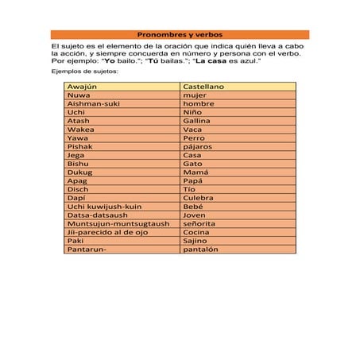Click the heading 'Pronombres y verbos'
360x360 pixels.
coord(180,35)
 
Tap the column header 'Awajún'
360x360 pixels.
coord(82,86)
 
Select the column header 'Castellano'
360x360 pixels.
coord(203,86)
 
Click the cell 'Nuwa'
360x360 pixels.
coord(79,95)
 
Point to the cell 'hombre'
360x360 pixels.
coord(199,103)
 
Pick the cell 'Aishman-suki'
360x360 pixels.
coord(94,103)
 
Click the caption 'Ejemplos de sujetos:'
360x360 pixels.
coord(83,72)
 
